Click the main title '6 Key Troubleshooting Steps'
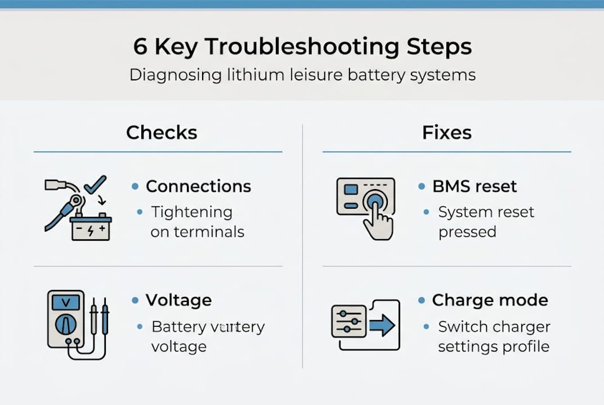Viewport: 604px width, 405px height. (302, 47)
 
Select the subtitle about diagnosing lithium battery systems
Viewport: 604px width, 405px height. (302, 75)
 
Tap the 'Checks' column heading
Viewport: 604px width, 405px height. (162, 133)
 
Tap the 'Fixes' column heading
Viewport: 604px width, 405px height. (446, 133)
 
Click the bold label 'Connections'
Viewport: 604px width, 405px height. (198, 187)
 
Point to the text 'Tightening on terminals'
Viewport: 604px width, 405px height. (197, 222)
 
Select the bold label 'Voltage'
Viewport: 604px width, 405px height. (178, 300)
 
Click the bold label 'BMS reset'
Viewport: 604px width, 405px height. (474, 187)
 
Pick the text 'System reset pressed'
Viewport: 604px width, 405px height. (485, 222)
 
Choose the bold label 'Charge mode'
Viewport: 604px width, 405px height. (490, 300)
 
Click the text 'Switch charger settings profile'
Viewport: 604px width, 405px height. (494, 336)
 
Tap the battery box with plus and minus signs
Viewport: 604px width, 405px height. (91, 228)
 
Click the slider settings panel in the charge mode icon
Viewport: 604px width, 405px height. (349, 321)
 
